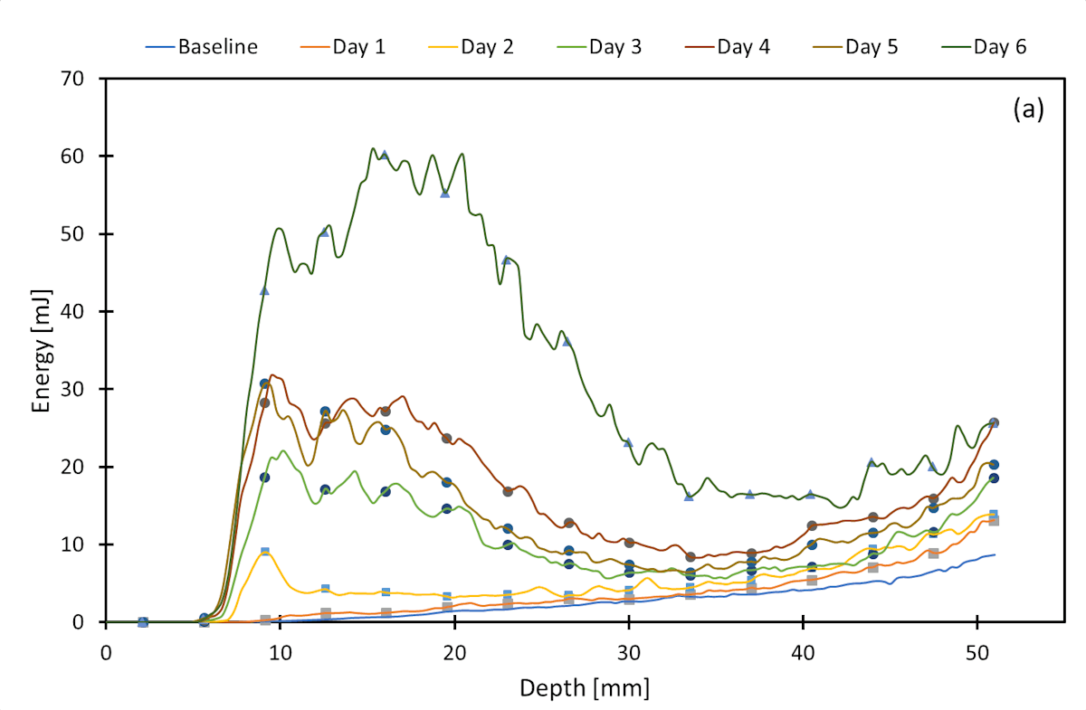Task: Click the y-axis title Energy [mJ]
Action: click(x=41, y=351)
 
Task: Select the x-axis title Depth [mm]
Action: click(x=584, y=688)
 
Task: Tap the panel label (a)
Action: click(x=1028, y=109)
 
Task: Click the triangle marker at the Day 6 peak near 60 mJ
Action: click(x=385, y=156)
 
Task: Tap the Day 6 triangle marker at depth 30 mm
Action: click(x=628, y=442)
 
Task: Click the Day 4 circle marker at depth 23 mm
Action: click(x=508, y=491)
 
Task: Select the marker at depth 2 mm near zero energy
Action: click(x=142, y=622)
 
